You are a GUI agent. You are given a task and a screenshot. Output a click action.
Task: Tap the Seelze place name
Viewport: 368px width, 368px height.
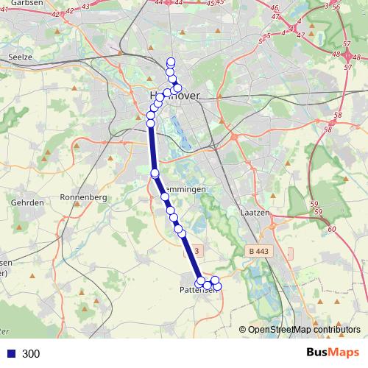pyautogui.click(x=18, y=56)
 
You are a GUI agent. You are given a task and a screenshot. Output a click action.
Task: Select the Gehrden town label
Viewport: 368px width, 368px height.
pyautogui.click(x=24, y=202)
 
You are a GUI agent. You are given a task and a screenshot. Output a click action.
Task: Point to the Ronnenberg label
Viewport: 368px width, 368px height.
pyautogui.click(x=83, y=197)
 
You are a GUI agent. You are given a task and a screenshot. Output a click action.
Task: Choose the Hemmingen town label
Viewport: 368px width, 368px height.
pyautogui.click(x=184, y=189)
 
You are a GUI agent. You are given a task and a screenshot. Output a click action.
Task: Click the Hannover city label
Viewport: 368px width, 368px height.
pyautogui.click(x=171, y=96)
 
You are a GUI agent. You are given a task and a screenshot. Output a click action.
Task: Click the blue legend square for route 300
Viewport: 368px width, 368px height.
pyautogui.click(x=10, y=354)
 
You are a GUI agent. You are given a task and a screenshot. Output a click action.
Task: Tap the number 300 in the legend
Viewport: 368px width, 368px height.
pyautogui.click(x=31, y=354)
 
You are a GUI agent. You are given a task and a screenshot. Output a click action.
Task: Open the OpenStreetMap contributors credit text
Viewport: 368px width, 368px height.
pyautogui.click(x=304, y=330)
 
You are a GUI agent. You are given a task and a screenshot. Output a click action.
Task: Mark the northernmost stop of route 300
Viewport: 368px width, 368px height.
pyautogui.click(x=171, y=62)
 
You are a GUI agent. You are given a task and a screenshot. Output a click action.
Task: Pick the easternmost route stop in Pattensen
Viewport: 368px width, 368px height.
pyautogui.click(x=216, y=285)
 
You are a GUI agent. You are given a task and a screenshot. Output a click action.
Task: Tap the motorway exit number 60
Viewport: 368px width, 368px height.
pyautogui.click(x=331, y=229)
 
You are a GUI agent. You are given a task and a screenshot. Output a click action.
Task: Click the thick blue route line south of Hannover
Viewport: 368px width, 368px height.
pyautogui.click(x=152, y=147)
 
